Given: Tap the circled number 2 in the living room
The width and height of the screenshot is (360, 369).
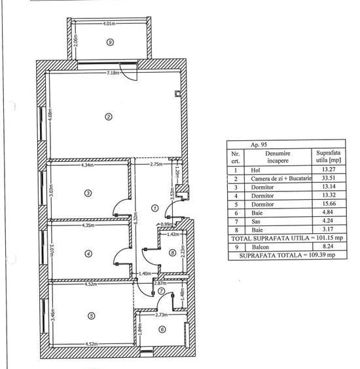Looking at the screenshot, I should (x=109, y=117).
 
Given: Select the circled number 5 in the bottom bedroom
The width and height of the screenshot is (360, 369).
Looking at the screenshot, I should (x=91, y=315).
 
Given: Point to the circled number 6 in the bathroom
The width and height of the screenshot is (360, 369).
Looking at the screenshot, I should (x=162, y=330).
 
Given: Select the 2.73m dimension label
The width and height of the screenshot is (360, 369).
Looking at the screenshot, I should (x=163, y=315).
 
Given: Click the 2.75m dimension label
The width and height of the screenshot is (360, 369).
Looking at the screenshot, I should (x=156, y=165).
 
